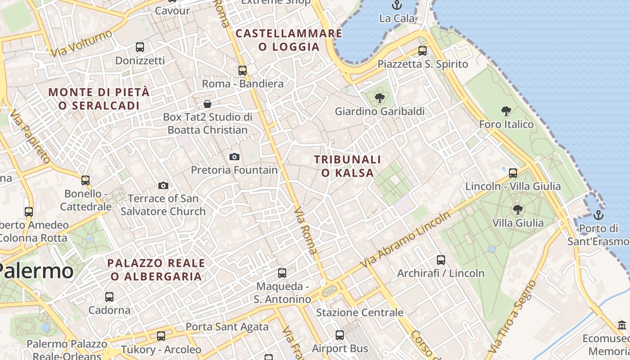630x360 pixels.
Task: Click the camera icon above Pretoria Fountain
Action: tap(234, 157)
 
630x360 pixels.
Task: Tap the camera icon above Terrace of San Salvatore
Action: tap(163, 185)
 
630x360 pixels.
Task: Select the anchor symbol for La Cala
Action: tap(396, 5)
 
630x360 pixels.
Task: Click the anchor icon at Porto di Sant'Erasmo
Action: tap(598, 215)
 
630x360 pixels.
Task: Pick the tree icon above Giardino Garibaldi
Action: tap(380, 98)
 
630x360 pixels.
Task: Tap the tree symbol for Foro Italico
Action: tap(506, 111)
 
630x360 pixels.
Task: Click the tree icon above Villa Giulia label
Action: tap(517, 209)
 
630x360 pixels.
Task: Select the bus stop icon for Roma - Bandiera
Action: tap(242, 70)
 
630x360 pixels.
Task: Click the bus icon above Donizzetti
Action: tap(139, 47)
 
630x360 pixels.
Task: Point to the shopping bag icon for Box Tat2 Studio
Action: tap(207, 104)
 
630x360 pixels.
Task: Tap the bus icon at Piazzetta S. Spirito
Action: tap(422, 50)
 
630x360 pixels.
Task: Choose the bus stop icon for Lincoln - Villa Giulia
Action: tap(513, 173)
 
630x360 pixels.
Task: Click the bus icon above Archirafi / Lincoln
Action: tap(441, 260)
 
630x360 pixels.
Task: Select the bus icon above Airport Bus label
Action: tap(340, 335)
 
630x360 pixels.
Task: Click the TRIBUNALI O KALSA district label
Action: tap(347, 166)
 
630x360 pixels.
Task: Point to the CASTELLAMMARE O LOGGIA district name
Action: tap(289, 40)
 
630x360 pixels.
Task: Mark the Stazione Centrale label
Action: tap(360, 312)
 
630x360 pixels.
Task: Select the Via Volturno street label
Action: tap(81, 44)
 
